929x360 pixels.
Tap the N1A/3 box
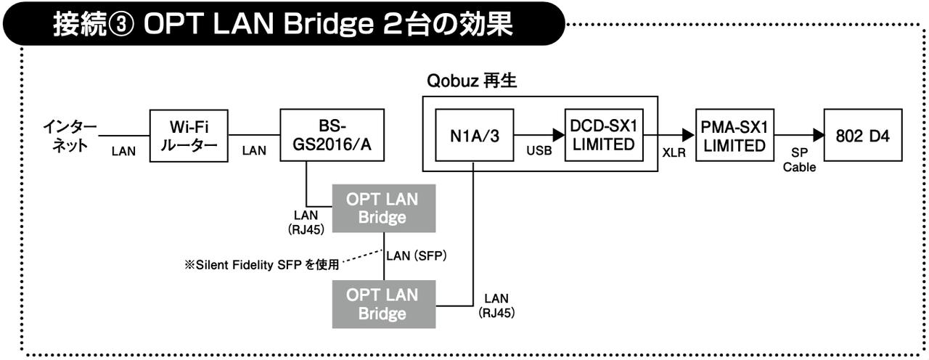tap(472, 136)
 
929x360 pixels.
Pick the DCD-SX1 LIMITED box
tap(603, 136)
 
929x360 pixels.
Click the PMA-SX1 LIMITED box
tap(734, 136)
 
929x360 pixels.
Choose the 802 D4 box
tap(863, 136)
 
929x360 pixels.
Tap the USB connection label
tap(537, 151)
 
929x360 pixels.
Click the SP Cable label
tap(799, 160)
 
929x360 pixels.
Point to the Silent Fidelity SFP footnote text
tap(261, 266)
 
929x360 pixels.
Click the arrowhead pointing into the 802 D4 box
tap(818, 136)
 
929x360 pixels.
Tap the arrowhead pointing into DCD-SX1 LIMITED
tap(558, 136)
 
